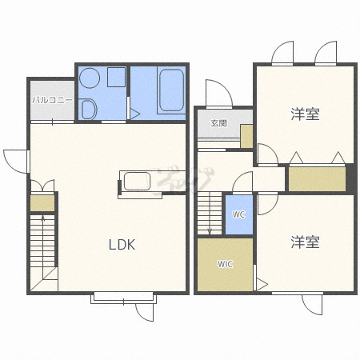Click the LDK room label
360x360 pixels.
122,244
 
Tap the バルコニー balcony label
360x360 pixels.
52,100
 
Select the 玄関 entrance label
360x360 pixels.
219,123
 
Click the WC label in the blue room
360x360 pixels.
238,214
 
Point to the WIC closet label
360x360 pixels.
225,264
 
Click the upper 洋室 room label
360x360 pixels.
305,114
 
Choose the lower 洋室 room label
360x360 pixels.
305,242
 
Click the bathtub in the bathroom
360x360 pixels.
171,90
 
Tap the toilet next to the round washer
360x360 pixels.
89,109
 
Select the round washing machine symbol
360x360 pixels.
90,78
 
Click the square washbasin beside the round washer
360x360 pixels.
116,77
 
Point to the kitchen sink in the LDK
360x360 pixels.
137,181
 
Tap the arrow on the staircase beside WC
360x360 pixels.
210,213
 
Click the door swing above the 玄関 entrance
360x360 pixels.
219,94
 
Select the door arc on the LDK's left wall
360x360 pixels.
15,162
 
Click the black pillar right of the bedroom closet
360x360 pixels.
351,178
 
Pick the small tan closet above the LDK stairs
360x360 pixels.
42,203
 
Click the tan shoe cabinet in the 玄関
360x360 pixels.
246,136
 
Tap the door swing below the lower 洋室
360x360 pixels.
312,305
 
